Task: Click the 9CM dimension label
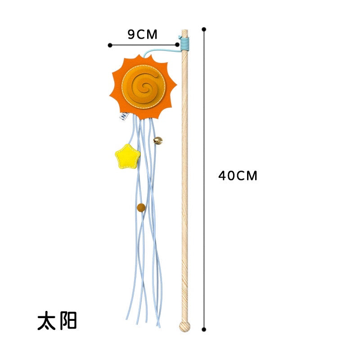[x=142, y=35]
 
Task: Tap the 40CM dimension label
[x=238, y=175]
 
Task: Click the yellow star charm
[x=127, y=157]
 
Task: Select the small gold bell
[x=158, y=140]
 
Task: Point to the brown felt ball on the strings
[x=141, y=207]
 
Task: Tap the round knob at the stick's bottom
[x=184, y=326]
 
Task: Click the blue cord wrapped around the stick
[x=184, y=44]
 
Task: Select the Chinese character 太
[x=47, y=320]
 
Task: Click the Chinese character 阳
[x=68, y=320]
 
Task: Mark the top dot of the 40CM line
[x=204, y=29]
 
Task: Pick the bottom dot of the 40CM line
[x=204, y=329]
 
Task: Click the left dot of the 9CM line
[x=110, y=45]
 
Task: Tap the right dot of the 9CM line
[x=177, y=45]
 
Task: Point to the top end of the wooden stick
[x=185, y=30]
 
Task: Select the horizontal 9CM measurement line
[x=144, y=45]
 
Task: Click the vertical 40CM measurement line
[x=204, y=179]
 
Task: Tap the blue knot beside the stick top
[x=180, y=37]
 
